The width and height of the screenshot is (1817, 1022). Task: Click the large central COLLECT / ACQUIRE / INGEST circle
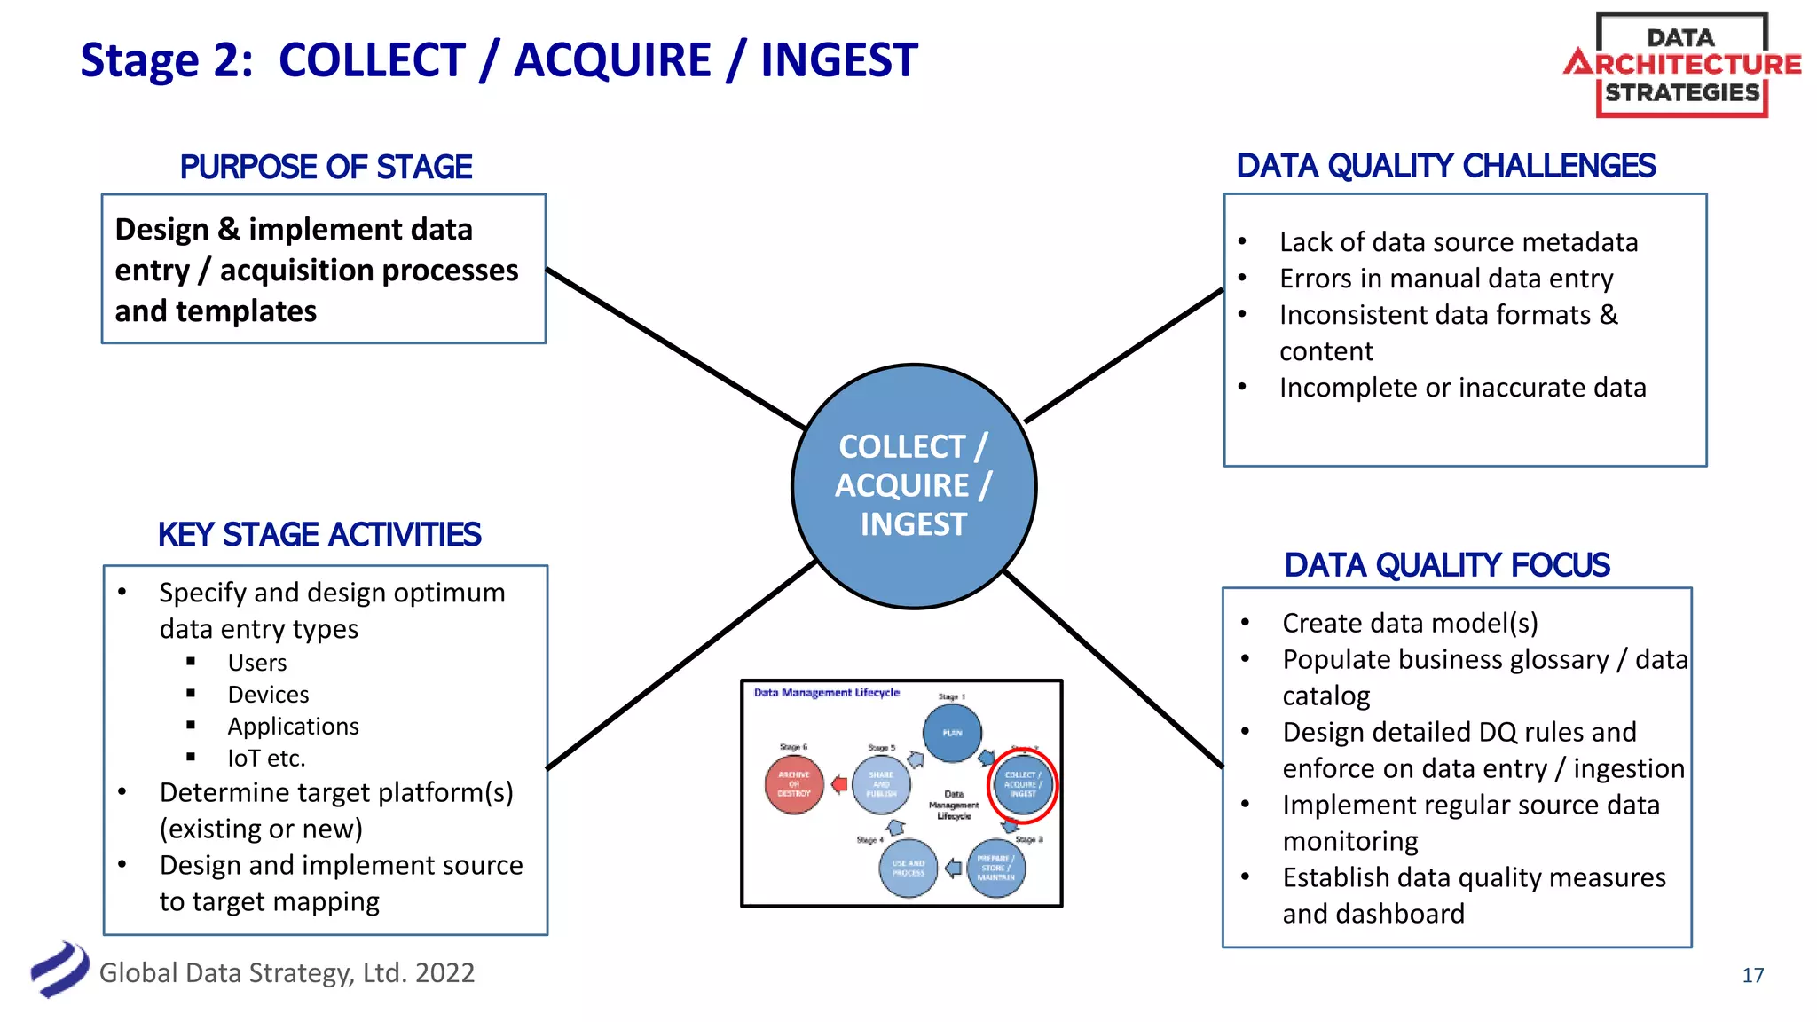914,486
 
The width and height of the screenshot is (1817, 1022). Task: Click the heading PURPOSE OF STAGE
326,167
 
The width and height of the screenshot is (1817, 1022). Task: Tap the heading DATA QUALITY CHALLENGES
1445,166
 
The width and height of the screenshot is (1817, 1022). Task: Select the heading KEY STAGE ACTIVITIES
319,535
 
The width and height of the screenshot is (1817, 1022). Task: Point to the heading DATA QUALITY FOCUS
1446,565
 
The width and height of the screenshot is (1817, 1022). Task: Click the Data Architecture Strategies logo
1681,65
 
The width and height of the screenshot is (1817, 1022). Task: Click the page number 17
1752,975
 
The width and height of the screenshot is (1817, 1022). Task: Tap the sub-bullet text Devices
268,695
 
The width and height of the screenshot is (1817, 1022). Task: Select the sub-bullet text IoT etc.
266,759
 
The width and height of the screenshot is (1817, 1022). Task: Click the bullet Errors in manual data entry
1445,279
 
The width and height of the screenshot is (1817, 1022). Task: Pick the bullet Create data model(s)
1410,623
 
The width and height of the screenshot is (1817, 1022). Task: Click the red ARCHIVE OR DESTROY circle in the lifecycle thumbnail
794,784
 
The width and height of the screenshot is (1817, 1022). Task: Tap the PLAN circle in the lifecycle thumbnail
952,733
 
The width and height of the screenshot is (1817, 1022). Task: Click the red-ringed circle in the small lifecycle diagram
1022,785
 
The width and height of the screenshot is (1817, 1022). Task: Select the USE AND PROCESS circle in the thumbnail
908,869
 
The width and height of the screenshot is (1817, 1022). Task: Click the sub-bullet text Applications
293,727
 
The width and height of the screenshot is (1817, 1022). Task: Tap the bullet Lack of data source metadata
1458,242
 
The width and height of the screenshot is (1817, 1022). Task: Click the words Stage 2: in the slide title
166,60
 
